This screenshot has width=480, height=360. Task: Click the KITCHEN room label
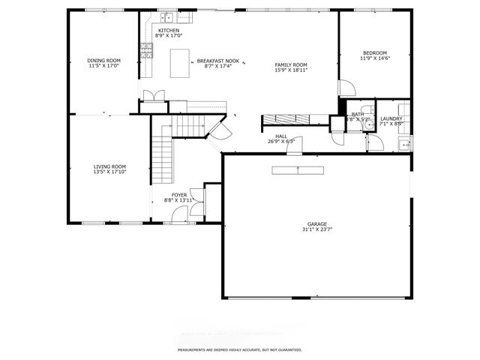(x=169, y=30)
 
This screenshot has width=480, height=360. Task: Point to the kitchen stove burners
(x=146, y=50)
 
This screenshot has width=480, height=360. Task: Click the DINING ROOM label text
(x=103, y=61)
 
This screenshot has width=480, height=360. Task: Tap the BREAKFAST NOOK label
(x=217, y=61)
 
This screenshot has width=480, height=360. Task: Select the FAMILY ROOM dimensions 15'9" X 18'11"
(x=290, y=70)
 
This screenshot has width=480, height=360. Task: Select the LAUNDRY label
(x=391, y=118)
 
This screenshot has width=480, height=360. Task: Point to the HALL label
(x=281, y=136)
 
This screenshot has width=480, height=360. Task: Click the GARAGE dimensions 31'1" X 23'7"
(x=317, y=229)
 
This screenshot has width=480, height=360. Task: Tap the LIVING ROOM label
(x=109, y=166)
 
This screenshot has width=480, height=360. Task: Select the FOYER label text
(x=179, y=195)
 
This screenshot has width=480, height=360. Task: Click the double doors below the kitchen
(x=154, y=95)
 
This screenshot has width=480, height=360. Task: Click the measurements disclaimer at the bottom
(x=239, y=350)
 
